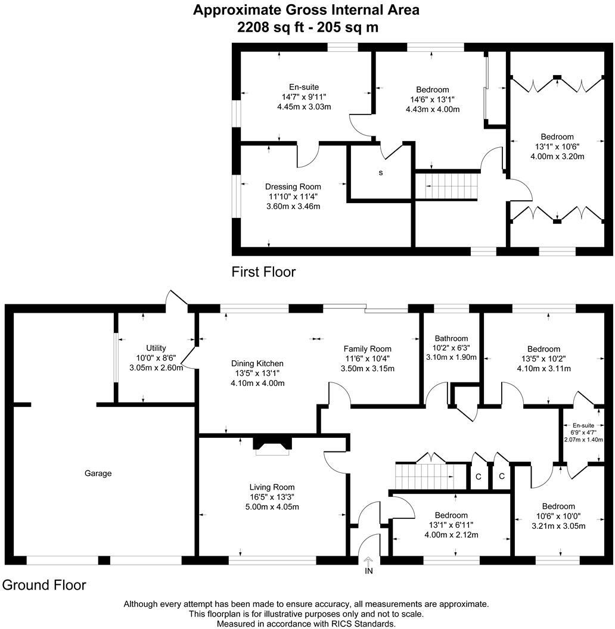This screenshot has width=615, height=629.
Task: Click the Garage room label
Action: point(98,474)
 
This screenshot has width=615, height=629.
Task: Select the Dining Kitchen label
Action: point(257,363)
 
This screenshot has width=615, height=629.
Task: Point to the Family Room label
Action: point(367,349)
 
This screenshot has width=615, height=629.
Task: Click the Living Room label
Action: point(272,487)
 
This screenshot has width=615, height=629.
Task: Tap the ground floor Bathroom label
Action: point(451,338)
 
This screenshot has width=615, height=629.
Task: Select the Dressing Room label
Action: point(293,187)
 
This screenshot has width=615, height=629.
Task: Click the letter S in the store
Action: point(381,173)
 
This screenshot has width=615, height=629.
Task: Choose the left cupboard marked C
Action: point(478,477)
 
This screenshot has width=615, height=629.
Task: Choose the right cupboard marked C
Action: point(502,477)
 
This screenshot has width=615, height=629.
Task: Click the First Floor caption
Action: point(263,272)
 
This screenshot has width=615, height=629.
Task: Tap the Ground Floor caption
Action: point(44,585)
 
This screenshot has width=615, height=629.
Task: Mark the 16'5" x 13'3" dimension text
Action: point(272,497)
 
